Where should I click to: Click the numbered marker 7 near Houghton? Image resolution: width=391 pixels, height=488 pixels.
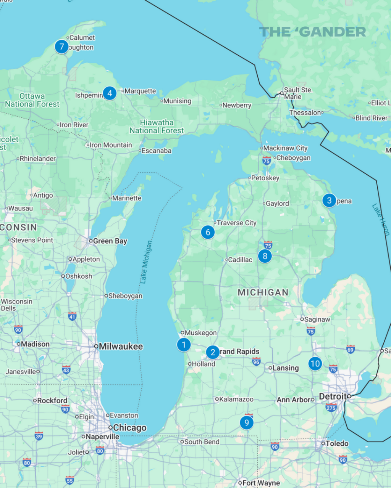[x=61, y=47]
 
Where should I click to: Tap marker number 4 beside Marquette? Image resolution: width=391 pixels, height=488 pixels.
[x=110, y=93]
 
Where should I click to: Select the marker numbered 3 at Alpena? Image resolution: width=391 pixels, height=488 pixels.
[x=329, y=201]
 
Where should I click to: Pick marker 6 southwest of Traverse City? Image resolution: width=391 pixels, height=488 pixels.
[x=208, y=232]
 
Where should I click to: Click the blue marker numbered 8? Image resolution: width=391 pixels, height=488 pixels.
[x=265, y=256]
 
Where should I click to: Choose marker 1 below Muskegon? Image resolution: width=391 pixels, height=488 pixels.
[x=184, y=345]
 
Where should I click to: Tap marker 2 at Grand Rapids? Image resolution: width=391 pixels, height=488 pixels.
[x=213, y=352]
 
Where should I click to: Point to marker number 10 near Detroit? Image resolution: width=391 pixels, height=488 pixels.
[x=315, y=364]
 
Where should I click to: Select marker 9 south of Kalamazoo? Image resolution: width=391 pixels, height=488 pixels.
[x=247, y=422]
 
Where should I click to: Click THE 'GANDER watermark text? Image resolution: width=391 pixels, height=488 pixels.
[x=312, y=32]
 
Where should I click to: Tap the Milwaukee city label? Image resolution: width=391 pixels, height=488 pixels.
[x=121, y=347]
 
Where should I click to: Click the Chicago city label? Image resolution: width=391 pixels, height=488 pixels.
[x=129, y=428]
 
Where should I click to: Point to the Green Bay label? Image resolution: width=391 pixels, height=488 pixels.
[x=110, y=241]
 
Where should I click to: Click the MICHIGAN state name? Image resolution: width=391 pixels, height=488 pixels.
[x=263, y=292]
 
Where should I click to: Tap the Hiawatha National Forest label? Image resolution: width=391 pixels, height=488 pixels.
[x=157, y=127]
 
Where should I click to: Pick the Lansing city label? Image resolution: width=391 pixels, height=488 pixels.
[x=286, y=368]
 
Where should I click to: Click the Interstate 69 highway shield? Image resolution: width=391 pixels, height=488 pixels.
[x=351, y=348]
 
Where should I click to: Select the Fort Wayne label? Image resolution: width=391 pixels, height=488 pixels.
[x=261, y=483]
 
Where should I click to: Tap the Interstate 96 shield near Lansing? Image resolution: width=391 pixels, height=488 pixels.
[x=256, y=361]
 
